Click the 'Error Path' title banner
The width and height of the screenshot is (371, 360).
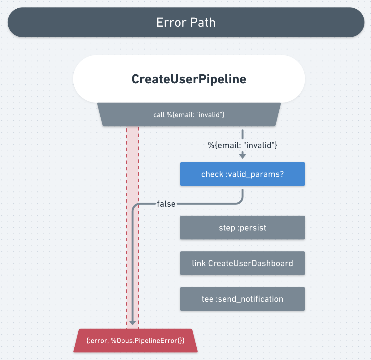186,22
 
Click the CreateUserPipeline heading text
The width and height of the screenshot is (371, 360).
189,79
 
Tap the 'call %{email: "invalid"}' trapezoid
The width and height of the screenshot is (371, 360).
189,115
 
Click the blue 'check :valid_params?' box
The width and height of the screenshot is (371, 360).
242,174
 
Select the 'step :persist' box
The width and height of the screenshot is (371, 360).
242,228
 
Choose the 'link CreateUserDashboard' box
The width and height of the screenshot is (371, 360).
242,263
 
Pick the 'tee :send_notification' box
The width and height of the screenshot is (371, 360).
242,299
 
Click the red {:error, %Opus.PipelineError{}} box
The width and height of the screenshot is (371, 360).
135,341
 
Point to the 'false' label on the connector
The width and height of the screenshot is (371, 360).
166,204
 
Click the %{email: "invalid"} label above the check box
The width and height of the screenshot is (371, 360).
242,145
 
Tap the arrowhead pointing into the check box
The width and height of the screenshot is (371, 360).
242,155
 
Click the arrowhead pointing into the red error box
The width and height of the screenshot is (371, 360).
133,323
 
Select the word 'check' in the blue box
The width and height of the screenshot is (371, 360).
212,174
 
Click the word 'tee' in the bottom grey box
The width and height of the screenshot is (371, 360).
207,299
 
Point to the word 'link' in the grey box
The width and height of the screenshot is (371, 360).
199,263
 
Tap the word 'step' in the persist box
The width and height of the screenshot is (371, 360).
227,228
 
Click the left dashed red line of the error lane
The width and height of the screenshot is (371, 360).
127,248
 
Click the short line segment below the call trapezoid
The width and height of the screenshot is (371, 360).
242,134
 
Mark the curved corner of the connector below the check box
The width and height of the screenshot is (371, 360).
240,202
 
